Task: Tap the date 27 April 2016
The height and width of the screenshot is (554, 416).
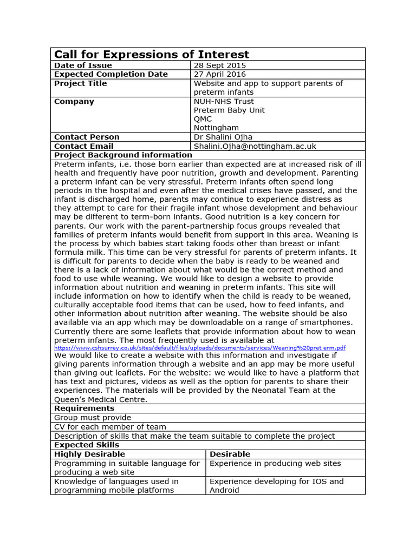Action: point(219,74)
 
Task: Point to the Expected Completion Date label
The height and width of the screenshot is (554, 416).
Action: point(111,74)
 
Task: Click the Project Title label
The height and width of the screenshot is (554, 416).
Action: point(81,83)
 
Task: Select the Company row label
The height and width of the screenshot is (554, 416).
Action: point(74,101)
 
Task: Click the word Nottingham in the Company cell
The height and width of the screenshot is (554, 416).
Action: point(216,128)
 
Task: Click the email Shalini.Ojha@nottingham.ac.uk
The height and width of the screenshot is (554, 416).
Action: point(255,146)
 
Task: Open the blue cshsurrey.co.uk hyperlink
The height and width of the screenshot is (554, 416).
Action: point(200,348)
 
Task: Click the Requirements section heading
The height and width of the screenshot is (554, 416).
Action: point(84,408)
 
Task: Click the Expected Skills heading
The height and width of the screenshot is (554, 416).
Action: point(86,445)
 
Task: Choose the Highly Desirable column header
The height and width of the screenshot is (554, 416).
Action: point(89,454)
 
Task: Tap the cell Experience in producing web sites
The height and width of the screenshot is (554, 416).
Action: point(275,463)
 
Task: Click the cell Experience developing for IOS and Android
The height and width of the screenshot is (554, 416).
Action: point(276,485)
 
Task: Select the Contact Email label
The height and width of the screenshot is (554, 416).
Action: point(84,146)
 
